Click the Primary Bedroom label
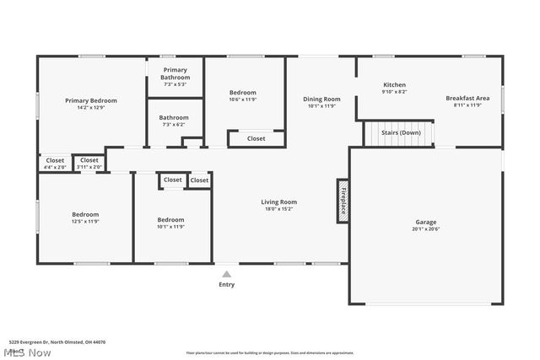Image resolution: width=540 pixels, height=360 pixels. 91,100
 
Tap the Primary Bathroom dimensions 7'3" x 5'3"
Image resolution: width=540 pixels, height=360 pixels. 175,84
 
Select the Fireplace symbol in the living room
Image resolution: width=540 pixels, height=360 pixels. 343,201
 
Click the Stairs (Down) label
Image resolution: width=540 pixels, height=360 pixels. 397,132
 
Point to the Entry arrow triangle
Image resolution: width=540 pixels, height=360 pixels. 226,273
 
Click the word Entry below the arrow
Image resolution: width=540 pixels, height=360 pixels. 226,284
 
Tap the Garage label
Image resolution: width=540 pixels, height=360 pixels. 425,221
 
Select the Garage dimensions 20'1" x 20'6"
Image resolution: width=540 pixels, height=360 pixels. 425,228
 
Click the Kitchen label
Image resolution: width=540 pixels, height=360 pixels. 395,85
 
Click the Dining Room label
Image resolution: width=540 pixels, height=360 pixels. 321,99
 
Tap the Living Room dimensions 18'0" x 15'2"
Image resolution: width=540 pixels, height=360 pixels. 278,209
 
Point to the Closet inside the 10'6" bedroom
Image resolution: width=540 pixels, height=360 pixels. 256,138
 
